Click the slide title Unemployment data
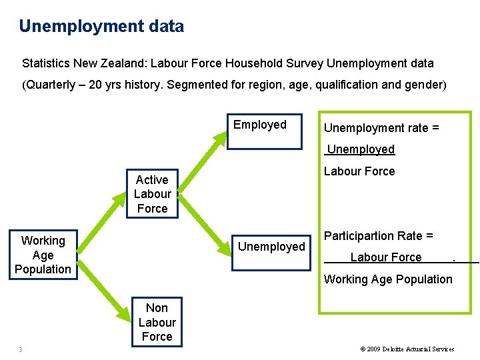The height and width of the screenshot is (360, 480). (101, 27)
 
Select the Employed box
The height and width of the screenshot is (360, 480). (260, 125)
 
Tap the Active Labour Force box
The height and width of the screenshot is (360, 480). (153, 194)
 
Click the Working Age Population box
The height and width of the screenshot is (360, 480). (43, 255)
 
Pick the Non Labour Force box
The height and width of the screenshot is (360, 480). (157, 322)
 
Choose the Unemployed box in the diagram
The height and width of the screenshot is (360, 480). (271, 247)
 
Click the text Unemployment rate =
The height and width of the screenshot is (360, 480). (381, 128)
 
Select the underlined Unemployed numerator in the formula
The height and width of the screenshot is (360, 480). (361, 149)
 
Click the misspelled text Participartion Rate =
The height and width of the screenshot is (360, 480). (379, 235)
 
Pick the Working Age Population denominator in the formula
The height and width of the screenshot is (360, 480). (388, 279)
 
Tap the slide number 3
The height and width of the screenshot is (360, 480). (21, 349)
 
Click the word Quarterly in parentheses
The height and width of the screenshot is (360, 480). (53, 85)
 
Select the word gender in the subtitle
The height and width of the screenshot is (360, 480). (424, 85)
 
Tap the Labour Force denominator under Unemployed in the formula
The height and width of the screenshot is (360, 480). (359, 171)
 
